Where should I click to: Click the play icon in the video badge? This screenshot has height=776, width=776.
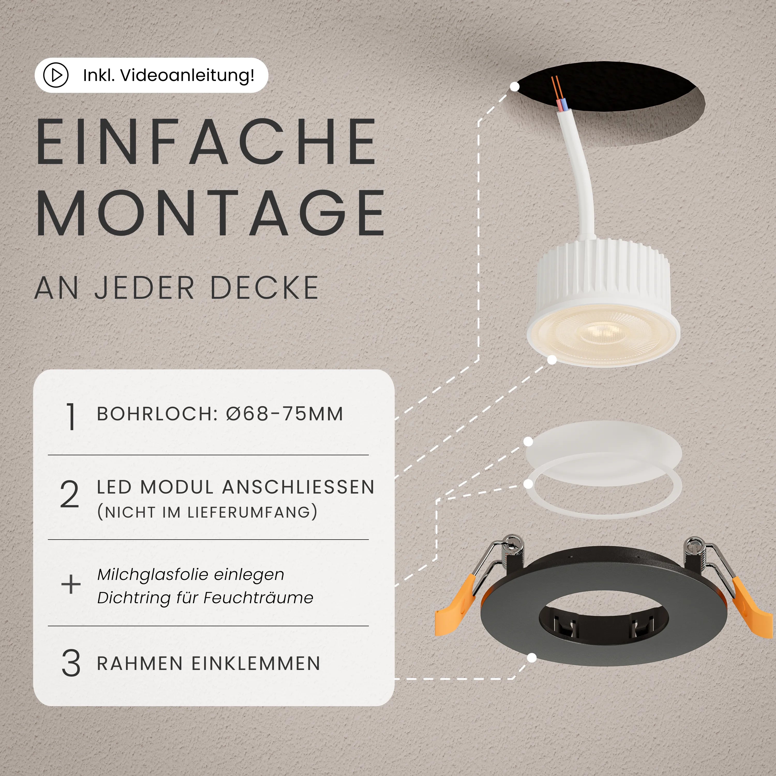56,75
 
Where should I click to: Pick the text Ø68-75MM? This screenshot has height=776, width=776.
284,414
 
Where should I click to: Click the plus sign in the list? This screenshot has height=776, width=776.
71,584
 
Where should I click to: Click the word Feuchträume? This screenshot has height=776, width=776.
258,598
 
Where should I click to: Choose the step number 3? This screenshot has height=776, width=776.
71,663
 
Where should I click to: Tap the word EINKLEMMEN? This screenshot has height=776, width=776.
256,663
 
